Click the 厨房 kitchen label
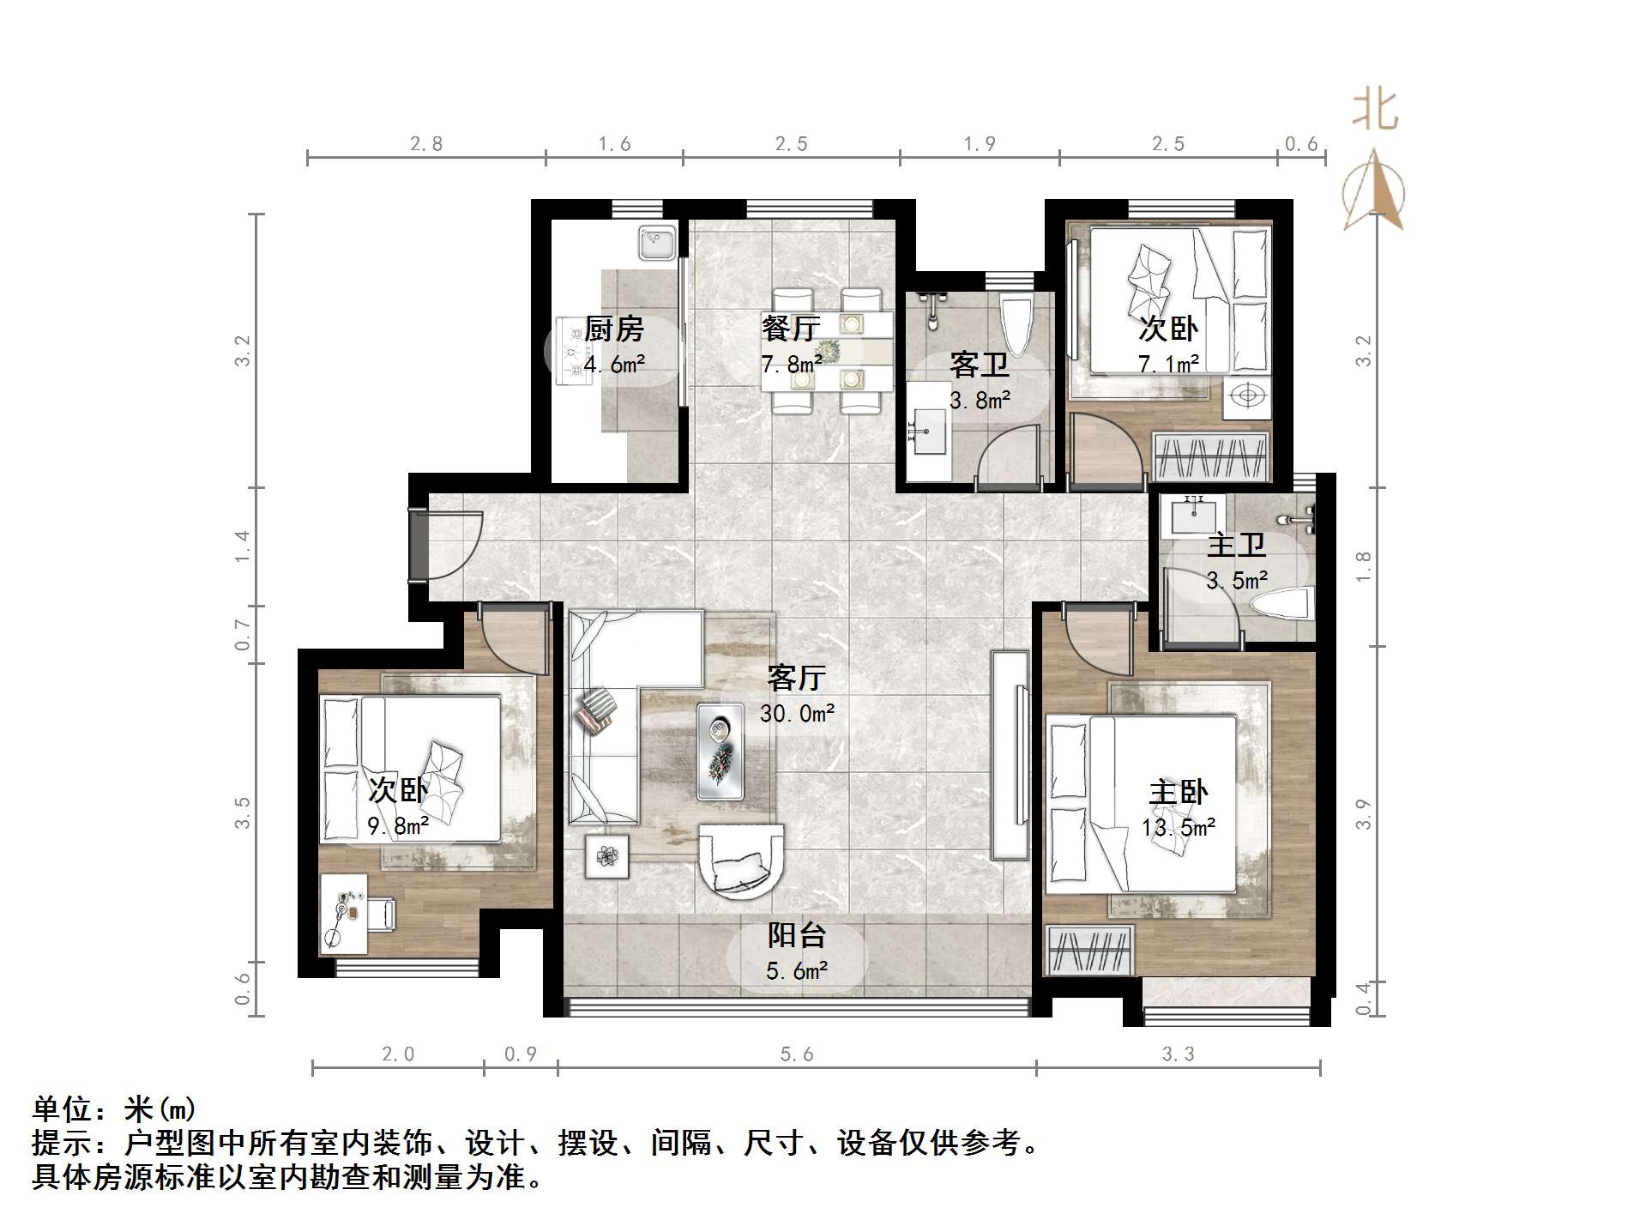613,329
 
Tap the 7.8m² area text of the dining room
791,365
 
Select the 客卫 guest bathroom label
979,365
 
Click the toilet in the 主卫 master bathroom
1282,603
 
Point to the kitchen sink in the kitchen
658,243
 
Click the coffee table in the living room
720,752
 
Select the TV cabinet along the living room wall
1010,755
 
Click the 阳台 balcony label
796,935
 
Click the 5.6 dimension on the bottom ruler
796,1054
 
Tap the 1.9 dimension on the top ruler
979,144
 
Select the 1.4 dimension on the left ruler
244,547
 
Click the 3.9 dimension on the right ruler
1363,813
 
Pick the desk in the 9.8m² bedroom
344,914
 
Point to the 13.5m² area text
1178,827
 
